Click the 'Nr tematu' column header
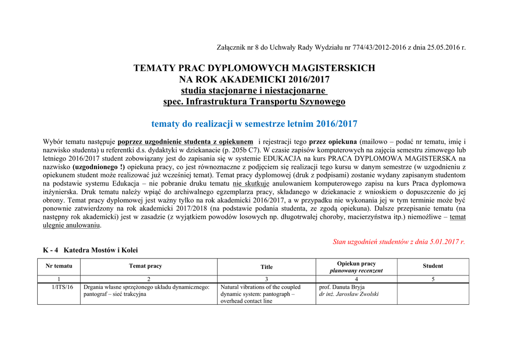(x=59, y=266)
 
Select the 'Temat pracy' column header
(x=145, y=266)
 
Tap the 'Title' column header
(x=266, y=267)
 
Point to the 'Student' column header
(x=432, y=266)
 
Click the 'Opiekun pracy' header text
(x=356, y=264)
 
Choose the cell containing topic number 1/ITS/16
(x=63, y=287)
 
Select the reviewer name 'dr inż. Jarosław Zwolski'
(x=349, y=294)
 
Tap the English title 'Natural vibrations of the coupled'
(x=260, y=287)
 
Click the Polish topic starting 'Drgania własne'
(x=146, y=287)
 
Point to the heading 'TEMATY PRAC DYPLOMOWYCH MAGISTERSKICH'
(x=254, y=68)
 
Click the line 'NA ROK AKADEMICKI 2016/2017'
(x=254, y=80)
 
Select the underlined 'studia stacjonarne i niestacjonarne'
(x=254, y=90)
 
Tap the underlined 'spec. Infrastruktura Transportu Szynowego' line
(x=254, y=102)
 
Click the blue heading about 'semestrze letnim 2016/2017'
(x=254, y=124)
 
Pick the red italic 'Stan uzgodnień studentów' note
(x=399, y=242)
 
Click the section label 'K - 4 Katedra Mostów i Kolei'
(x=90, y=250)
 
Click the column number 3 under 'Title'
(x=266, y=279)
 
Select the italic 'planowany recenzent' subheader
(x=356, y=270)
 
